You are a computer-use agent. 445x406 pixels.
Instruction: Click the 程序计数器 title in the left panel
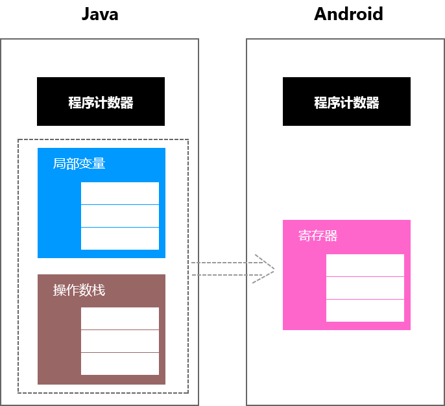pos(101,102)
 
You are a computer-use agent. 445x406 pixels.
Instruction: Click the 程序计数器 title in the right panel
pos(346,102)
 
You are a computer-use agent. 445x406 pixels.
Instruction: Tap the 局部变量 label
pos(78,163)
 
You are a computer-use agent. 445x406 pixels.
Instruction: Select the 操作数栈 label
pos(78,290)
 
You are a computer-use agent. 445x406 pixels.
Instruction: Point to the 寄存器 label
pos(318,235)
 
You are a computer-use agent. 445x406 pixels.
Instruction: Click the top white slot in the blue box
pos(120,193)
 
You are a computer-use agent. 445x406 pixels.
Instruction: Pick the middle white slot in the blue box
pos(120,216)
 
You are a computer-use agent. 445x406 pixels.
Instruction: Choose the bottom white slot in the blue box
pos(120,239)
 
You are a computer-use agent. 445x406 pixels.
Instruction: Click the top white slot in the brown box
pos(120,318)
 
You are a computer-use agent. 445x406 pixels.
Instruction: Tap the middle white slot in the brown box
pos(120,341)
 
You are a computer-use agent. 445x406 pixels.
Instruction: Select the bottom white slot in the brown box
pos(120,364)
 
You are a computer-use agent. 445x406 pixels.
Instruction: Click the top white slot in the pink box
pos(365,265)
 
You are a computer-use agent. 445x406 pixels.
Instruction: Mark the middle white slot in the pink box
pos(365,288)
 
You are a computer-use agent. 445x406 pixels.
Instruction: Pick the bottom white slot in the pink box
pos(365,311)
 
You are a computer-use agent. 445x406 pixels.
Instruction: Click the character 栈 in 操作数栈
pos(99,290)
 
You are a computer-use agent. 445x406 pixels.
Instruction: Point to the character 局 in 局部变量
pos(59,163)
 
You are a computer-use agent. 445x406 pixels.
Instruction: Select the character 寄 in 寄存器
pos(305,235)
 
